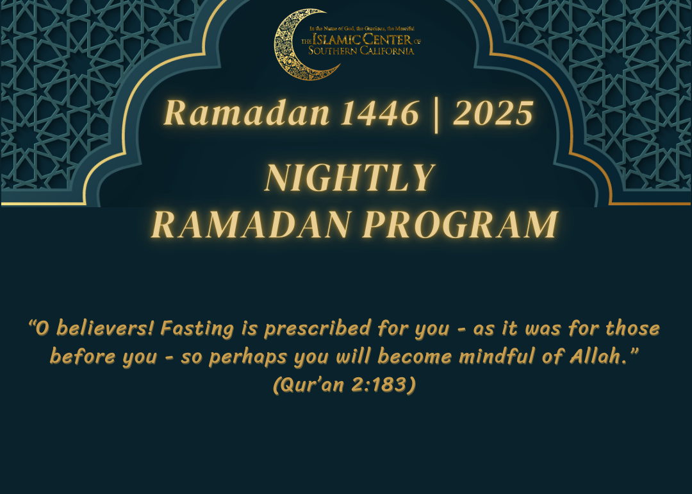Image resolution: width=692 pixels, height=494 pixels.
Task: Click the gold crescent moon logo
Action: [x=286, y=53]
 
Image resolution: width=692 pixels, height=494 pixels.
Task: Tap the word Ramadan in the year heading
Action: [x=247, y=113]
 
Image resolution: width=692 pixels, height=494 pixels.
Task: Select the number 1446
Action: [x=380, y=113]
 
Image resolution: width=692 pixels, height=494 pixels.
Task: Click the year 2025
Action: [x=493, y=113]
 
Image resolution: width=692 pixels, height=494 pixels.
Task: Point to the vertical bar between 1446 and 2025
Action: [x=436, y=115]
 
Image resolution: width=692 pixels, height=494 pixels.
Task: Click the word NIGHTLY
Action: [x=350, y=177]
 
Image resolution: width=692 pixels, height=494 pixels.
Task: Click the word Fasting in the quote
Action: [x=197, y=328]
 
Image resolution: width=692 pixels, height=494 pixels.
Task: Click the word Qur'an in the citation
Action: [x=312, y=385]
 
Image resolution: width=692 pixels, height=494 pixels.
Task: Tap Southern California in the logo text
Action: [x=361, y=51]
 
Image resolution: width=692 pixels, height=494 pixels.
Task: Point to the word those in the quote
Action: [x=632, y=328]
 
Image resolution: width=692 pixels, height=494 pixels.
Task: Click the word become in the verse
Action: [x=415, y=356]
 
